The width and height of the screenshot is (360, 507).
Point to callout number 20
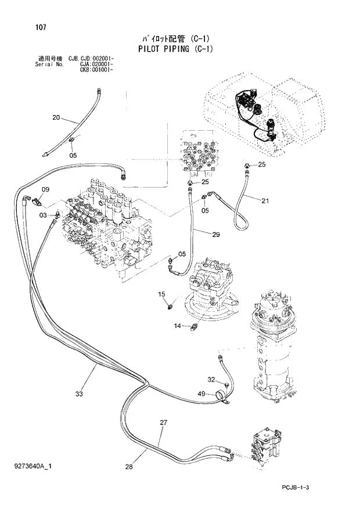tap(56, 118)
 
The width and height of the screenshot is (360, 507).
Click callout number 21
tap(265, 201)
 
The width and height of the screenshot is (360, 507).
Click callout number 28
tap(129, 466)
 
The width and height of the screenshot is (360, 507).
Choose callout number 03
tap(43, 215)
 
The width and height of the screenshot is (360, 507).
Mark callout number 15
tap(163, 294)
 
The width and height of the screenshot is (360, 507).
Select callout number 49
tap(201, 394)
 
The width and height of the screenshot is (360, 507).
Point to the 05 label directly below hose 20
tap(73, 155)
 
